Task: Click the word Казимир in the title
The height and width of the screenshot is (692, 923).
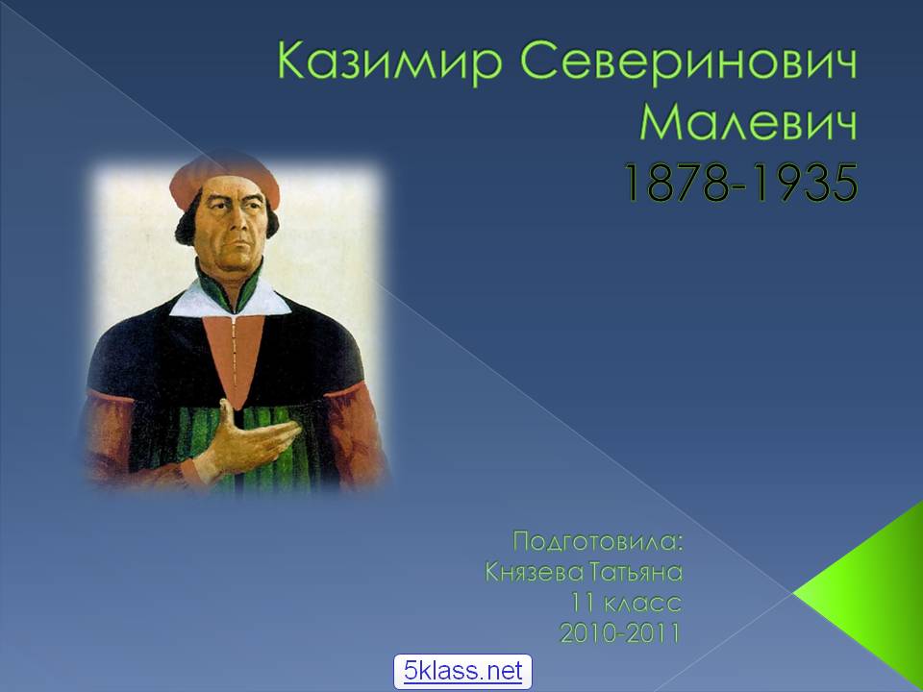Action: coord(389,62)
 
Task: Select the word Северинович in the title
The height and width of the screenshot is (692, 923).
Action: coord(688,62)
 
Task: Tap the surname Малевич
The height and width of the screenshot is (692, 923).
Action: coord(749,122)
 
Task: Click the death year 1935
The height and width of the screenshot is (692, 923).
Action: coord(806,184)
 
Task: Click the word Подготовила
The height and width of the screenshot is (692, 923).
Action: coord(598,541)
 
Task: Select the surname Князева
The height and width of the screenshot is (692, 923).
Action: coord(535,572)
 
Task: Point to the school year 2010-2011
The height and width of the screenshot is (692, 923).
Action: coord(620,633)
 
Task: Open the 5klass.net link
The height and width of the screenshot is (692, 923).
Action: coord(462,671)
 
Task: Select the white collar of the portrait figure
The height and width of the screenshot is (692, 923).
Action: coord(231,300)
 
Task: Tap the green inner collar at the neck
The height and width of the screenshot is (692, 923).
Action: coord(229,288)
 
